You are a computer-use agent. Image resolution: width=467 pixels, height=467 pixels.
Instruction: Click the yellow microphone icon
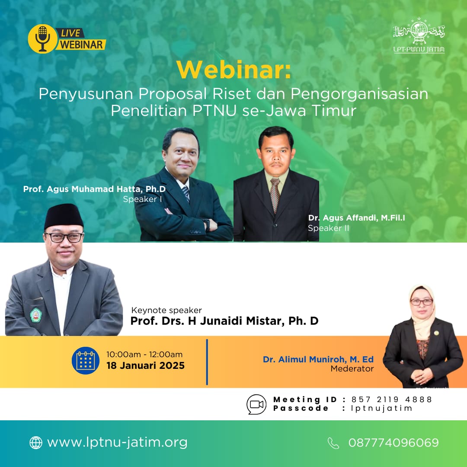pyautogui.click(x=42, y=39)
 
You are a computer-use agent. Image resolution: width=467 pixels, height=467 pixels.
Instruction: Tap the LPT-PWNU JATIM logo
pyautogui.click(x=419, y=35)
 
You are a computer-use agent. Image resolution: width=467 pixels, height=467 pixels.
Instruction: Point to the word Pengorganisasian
pyautogui.click(x=359, y=94)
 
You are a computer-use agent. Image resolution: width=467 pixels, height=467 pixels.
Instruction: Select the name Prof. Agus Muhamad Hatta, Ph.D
pyautogui.click(x=94, y=189)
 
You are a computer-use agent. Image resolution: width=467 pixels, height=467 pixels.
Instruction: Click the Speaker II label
pyautogui.click(x=328, y=228)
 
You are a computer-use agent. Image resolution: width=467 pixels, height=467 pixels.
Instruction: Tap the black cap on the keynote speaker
pyautogui.click(x=64, y=216)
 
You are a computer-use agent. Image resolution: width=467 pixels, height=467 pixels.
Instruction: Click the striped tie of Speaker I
pyautogui.click(x=186, y=193)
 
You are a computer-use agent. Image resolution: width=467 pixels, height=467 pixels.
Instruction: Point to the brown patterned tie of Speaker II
pyautogui.click(x=275, y=195)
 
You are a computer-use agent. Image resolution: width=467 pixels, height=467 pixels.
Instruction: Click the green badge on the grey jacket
pyautogui.click(x=36, y=315)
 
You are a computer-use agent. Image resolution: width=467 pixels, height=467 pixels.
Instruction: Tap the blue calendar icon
pyautogui.click(x=86, y=361)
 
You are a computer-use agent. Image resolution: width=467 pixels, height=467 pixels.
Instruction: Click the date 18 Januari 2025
pyautogui.click(x=146, y=365)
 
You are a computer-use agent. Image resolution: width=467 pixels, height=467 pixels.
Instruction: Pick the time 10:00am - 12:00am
pyautogui.click(x=144, y=355)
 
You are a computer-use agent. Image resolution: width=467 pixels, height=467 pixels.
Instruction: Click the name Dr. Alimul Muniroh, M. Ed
pyautogui.click(x=318, y=359)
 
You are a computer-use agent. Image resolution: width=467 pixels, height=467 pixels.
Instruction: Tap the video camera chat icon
pyautogui.click(x=256, y=404)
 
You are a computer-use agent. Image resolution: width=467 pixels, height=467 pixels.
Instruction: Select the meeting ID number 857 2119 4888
pyautogui.click(x=391, y=400)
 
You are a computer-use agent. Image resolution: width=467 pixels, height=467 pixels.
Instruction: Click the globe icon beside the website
pyautogui.click(x=36, y=443)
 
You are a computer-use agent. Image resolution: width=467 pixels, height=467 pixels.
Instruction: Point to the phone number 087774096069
pyautogui.click(x=393, y=443)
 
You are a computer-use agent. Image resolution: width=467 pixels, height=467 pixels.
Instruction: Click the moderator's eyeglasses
pyautogui.click(x=422, y=302)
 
